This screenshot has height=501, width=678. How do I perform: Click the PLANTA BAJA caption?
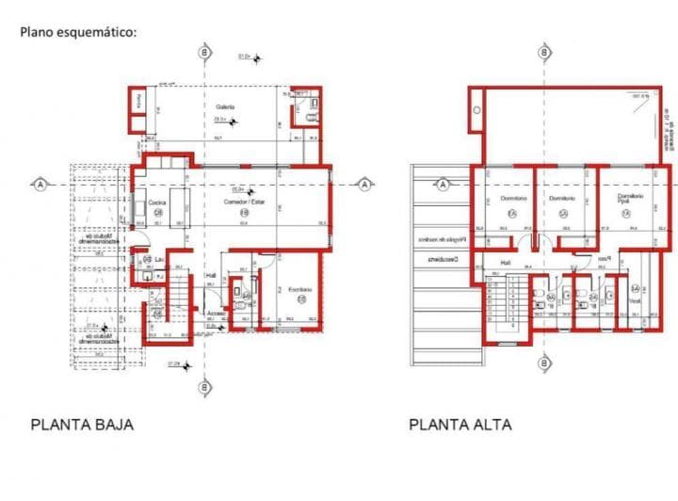tap(82, 425)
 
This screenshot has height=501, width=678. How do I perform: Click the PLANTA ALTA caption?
tap(460, 425)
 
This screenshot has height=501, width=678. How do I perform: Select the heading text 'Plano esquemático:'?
tap(79, 31)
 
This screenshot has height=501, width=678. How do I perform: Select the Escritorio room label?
tap(300, 288)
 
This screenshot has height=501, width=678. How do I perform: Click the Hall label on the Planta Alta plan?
tap(505, 262)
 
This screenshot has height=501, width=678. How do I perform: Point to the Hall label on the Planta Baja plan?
tap(212, 276)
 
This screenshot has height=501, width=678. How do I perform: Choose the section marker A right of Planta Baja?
tap(364, 185)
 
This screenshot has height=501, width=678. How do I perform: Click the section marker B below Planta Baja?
tap(203, 387)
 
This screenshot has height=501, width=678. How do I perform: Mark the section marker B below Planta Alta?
tap(544, 361)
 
